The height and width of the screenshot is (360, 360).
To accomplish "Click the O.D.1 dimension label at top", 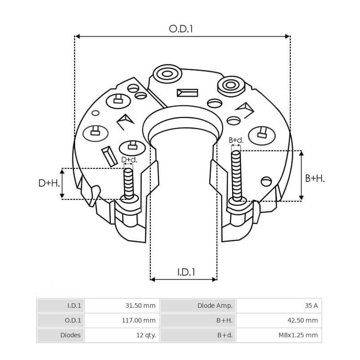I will [x=181, y=29].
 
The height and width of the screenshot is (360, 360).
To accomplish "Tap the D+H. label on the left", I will [x=48, y=183].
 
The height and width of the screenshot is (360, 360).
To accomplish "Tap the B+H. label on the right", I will [x=315, y=178].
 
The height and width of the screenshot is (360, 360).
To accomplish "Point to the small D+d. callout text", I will [x=129, y=160].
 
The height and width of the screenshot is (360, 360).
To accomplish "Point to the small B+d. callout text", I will [x=236, y=140].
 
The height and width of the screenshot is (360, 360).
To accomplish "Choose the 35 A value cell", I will [x=279, y=306].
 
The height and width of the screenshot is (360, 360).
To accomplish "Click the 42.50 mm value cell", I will [x=279, y=320].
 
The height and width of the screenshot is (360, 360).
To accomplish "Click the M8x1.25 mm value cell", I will [x=279, y=335].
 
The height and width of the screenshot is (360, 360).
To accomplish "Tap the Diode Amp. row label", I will [x=198, y=306].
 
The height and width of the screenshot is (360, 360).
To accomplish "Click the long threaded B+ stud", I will [x=236, y=175].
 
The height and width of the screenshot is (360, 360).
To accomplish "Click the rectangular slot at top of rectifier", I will [x=187, y=93].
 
